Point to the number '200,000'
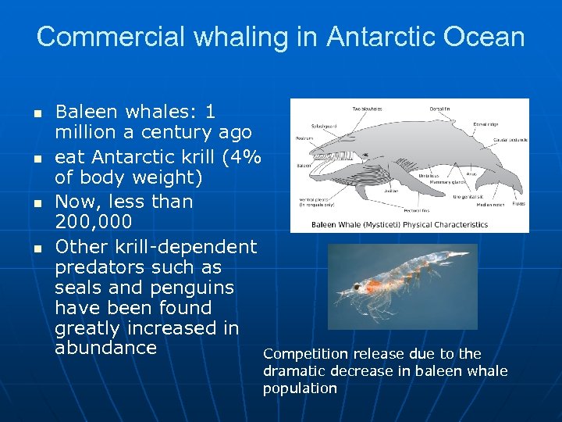tap(94, 222)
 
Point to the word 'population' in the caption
tap(300, 388)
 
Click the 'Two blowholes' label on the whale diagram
tap(367, 109)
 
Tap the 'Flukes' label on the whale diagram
tap(518, 204)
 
